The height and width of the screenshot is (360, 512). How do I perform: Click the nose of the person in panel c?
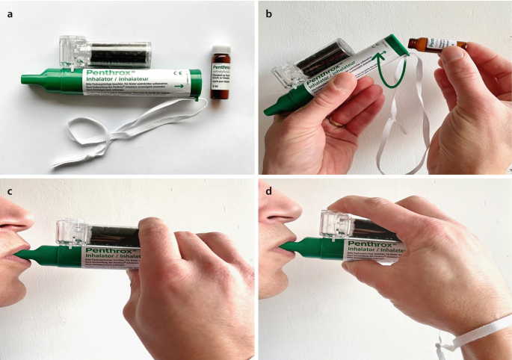[19, 217]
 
